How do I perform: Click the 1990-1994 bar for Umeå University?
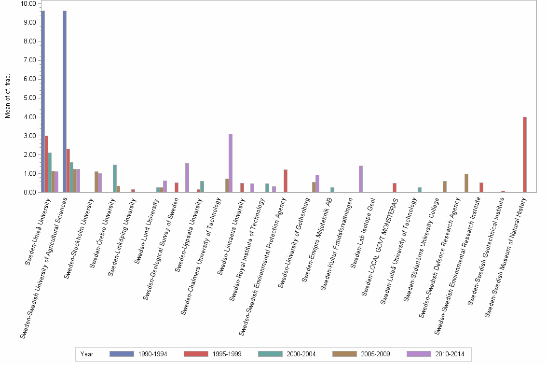point(43,101)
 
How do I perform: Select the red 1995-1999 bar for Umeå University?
point(46,164)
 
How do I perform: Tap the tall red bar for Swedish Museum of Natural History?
point(524,154)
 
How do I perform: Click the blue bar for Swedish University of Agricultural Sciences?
point(65,101)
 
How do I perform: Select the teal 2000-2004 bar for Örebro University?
point(115,179)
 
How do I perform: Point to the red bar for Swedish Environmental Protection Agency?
point(286,181)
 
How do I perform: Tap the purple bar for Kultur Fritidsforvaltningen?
point(360,179)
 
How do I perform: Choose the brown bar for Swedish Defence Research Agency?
point(466,183)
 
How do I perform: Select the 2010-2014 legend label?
point(449,354)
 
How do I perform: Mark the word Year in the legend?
point(87,354)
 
